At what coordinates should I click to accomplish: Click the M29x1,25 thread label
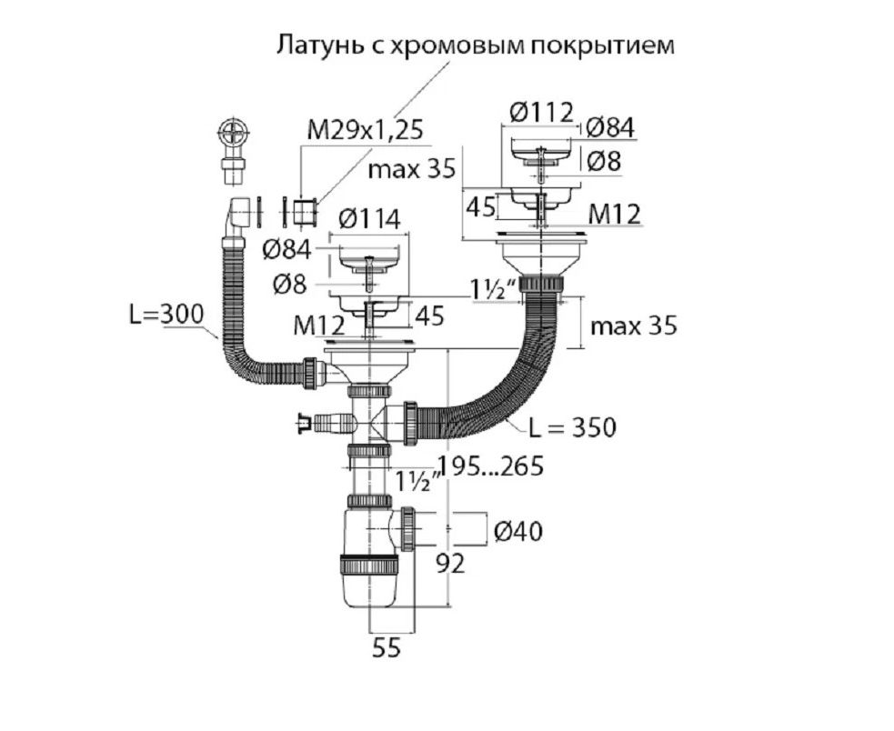point(365,129)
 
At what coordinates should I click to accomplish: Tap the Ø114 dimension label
point(367,219)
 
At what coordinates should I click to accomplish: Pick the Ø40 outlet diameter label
point(518,530)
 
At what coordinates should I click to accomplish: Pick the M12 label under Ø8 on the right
point(613,214)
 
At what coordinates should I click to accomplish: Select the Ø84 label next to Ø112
point(609,127)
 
